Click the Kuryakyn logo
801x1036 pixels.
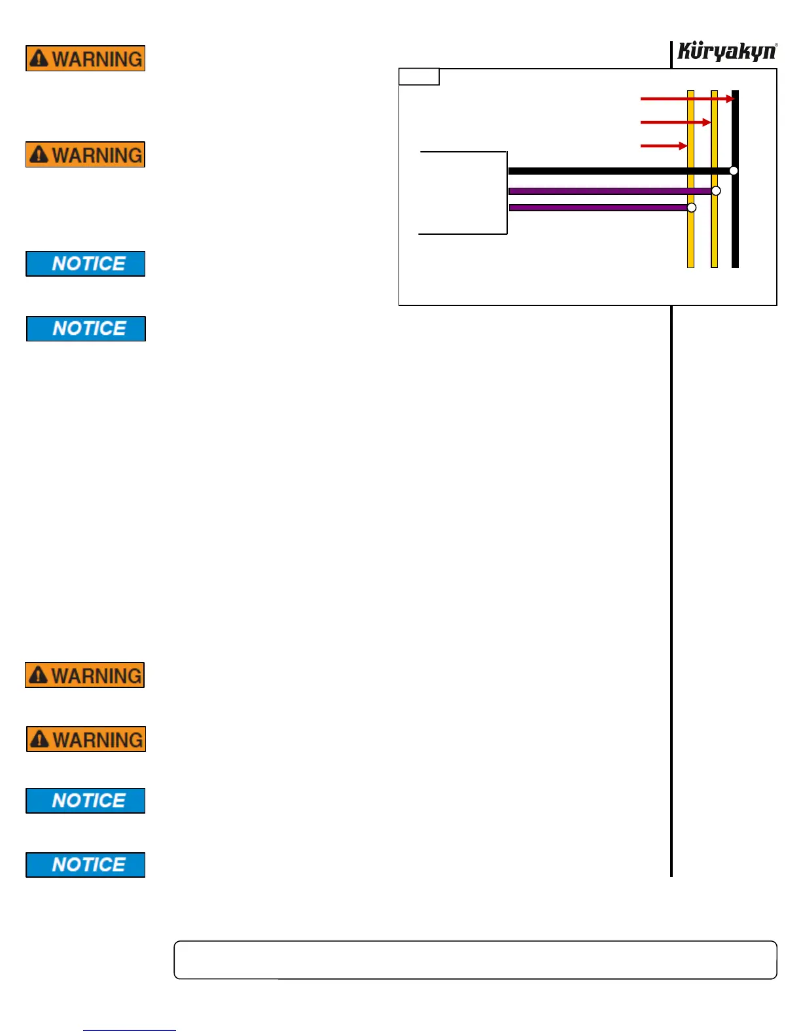(726, 51)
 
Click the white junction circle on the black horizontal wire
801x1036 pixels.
(734, 171)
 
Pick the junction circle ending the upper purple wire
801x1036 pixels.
(716, 191)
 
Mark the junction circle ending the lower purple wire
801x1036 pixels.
(692, 207)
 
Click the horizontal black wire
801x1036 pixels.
(615, 171)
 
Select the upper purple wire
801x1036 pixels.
(609, 191)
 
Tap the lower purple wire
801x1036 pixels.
(596, 207)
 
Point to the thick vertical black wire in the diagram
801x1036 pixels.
(735, 229)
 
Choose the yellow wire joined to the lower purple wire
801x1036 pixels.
(690, 242)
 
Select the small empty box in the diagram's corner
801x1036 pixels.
(419, 77)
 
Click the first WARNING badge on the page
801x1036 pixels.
(85, 58)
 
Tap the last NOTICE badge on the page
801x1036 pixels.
(85, 865)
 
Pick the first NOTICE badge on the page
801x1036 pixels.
(85, 264)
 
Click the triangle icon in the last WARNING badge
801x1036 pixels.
(40, 739)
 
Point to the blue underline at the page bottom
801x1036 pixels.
(129, 1030)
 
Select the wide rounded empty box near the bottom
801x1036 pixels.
(475, 960)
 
